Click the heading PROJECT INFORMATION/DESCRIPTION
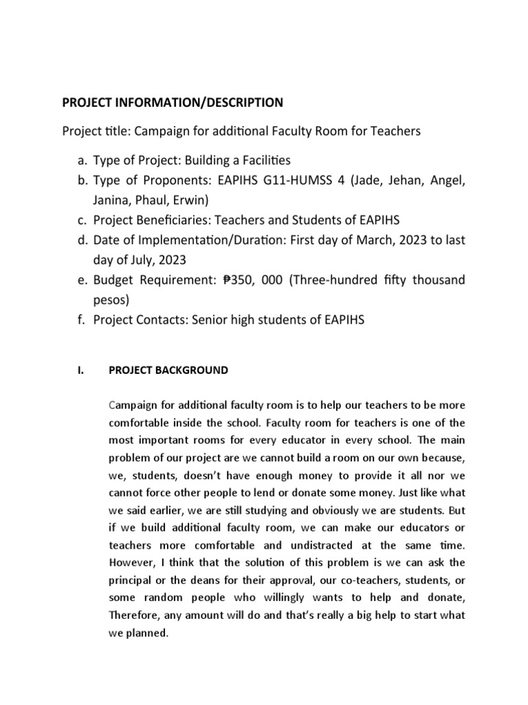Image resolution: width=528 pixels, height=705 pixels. (x=173, y=103)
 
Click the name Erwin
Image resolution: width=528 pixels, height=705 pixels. (x=197, y=200)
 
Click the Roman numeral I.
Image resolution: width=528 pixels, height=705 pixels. (x=80, y=370)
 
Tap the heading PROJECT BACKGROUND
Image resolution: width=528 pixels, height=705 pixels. (x=168, y=370)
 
